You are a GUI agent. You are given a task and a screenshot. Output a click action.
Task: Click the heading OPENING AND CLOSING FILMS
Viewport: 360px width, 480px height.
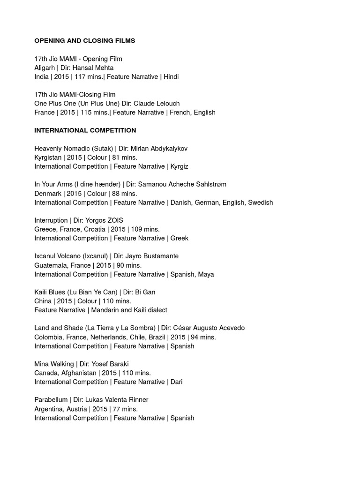(84, 41)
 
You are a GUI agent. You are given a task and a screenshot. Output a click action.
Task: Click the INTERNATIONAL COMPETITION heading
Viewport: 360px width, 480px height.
(85, 130)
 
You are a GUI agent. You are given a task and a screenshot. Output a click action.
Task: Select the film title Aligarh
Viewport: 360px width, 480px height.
(45, 68)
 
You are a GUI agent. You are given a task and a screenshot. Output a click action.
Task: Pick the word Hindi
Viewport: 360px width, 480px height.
(171, 77)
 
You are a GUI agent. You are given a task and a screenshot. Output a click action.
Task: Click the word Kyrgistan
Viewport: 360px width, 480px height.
(49, 157)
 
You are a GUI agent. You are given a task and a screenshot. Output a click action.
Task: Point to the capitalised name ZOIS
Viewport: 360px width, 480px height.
(114, 220)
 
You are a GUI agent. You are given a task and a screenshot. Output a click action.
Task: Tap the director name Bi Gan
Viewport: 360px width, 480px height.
(145, 292)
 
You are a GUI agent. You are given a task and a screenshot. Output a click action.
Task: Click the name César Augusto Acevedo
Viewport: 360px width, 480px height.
(210, 328)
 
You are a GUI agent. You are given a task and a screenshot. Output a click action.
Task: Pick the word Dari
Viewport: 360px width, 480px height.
(176, 382)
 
